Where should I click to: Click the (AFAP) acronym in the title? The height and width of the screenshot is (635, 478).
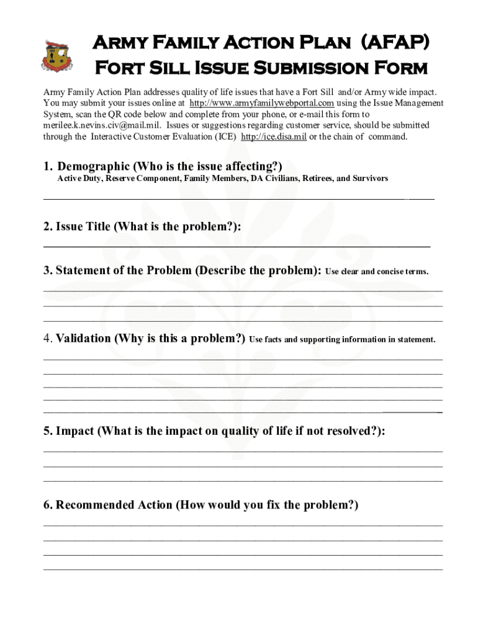tap(390, 43)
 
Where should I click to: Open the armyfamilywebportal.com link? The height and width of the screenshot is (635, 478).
tap(261, 103)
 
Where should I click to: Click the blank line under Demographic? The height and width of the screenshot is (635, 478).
tap(239, 198)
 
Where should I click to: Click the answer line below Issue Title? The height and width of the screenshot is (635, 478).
tap(236, 246)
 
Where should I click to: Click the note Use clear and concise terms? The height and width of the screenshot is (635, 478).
tap(377, 272)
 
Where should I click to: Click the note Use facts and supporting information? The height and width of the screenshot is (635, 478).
tap(342, 340)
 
